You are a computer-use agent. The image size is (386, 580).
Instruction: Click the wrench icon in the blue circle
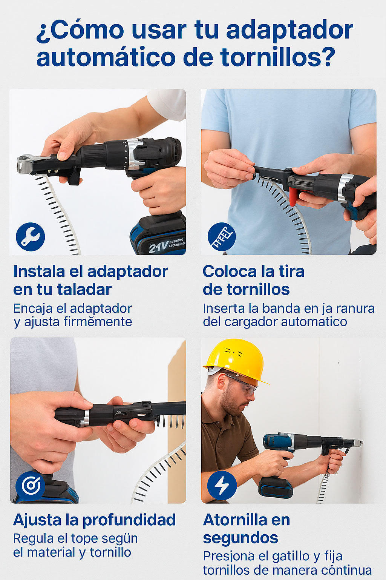coord(30,237)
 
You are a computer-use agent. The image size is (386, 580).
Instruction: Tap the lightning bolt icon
coord(222,485)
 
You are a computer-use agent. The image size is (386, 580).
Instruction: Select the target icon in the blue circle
coord(31,486)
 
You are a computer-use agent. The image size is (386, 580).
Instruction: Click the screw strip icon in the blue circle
coord(222,237)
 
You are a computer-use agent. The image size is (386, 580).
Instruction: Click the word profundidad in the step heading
coord(129,520)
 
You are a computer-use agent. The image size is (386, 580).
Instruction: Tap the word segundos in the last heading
coord(240,538)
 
